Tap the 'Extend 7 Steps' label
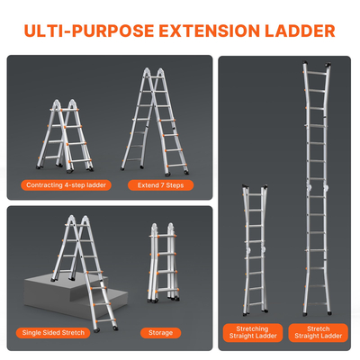click(x=160, y=185)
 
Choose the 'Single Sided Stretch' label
click(x=53, y=332)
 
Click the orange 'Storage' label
click(x=159, y=332)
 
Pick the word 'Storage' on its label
click(x=159, y=332)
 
